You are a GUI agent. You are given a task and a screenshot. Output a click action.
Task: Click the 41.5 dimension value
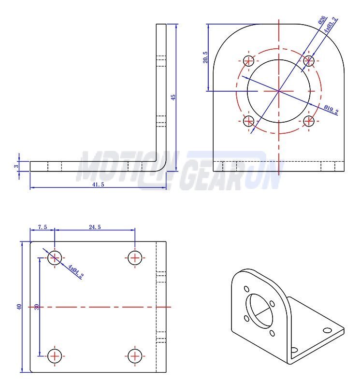click(98, 184)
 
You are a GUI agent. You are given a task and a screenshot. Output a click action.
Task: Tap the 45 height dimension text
click(173, 98)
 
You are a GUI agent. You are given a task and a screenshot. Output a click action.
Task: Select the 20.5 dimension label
click(205, 57)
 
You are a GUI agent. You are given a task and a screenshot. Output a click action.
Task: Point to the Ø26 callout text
click(322, 20)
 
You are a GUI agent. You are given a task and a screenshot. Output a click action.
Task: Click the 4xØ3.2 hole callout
click(331, 25)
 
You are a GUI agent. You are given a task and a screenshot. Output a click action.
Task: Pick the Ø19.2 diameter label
click(331, 109)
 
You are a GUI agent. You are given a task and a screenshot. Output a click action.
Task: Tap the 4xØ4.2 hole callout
click(76, 271)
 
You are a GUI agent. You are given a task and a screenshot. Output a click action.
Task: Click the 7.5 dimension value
click(43, 227)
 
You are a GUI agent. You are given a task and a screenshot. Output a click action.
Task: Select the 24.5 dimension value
click(95, 227)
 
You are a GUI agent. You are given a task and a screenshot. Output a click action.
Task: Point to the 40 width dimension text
click(19, 307)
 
